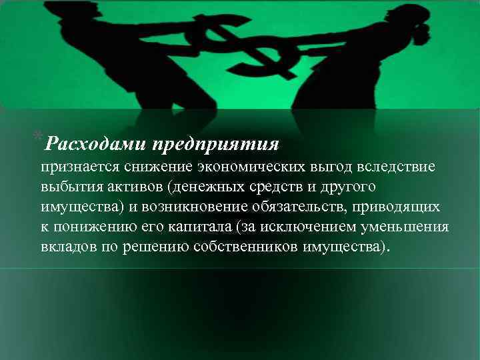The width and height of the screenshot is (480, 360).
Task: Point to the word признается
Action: point(73,167)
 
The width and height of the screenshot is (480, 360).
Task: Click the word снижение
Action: point(142,167)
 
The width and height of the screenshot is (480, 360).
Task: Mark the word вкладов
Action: point(67,248)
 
